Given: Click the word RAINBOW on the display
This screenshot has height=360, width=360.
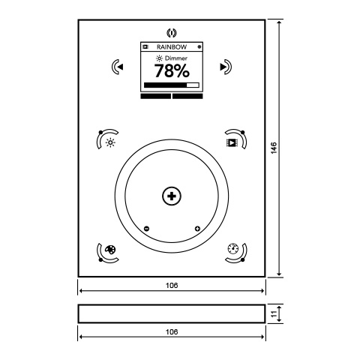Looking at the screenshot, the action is point(172,47).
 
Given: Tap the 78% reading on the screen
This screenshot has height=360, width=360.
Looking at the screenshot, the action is point(172,70).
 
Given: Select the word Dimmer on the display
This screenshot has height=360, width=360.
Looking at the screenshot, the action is point(176,58).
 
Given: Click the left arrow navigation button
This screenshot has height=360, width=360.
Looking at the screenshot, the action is point(117,67).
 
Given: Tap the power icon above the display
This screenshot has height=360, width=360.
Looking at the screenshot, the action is point(172,33).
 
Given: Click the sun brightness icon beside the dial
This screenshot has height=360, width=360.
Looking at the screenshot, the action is point(110,142).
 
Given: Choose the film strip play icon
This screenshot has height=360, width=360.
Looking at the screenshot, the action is point(231,142).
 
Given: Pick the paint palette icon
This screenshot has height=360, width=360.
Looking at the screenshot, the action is point(110,249).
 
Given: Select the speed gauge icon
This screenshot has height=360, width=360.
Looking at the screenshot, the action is point(233,248).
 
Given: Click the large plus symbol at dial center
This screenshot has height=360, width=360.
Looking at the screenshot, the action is point(172,196).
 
